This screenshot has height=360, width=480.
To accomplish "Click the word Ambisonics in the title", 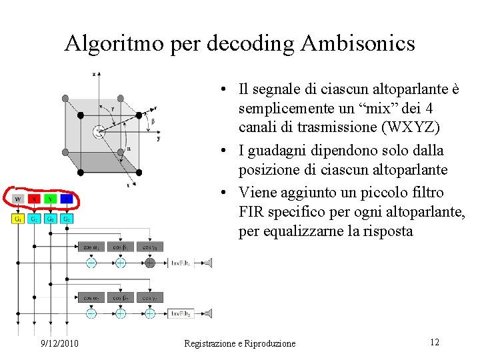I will [x=358, y=43].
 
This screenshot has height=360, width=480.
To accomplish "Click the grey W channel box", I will [x=18, y=199].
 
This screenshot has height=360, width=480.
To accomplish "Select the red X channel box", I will [x=34, y=199].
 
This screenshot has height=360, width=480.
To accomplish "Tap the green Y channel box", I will [x=51, y=199].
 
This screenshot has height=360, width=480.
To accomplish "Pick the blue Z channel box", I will [x=67, y=199].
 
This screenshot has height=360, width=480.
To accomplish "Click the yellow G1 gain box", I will [x=18, y=219].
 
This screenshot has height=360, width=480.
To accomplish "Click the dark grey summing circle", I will [x=150, y=263].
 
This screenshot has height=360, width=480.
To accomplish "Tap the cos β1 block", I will [x=121, y=247].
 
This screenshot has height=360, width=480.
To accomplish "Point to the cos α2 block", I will [x=91, y=297].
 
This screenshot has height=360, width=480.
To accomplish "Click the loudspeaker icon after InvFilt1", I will [x=208, y=263].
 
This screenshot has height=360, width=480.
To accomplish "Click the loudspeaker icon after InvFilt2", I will [x=208, y=313].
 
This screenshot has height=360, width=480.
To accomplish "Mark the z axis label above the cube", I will [x=95, y=73].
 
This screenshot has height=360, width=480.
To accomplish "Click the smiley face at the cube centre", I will [x=99, y=131].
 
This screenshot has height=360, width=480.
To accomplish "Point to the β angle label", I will [x=153, y=122].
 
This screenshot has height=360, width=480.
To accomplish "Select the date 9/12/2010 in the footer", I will [x=59, y=343].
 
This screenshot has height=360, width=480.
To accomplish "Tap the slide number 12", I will [x=434, y=342].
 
